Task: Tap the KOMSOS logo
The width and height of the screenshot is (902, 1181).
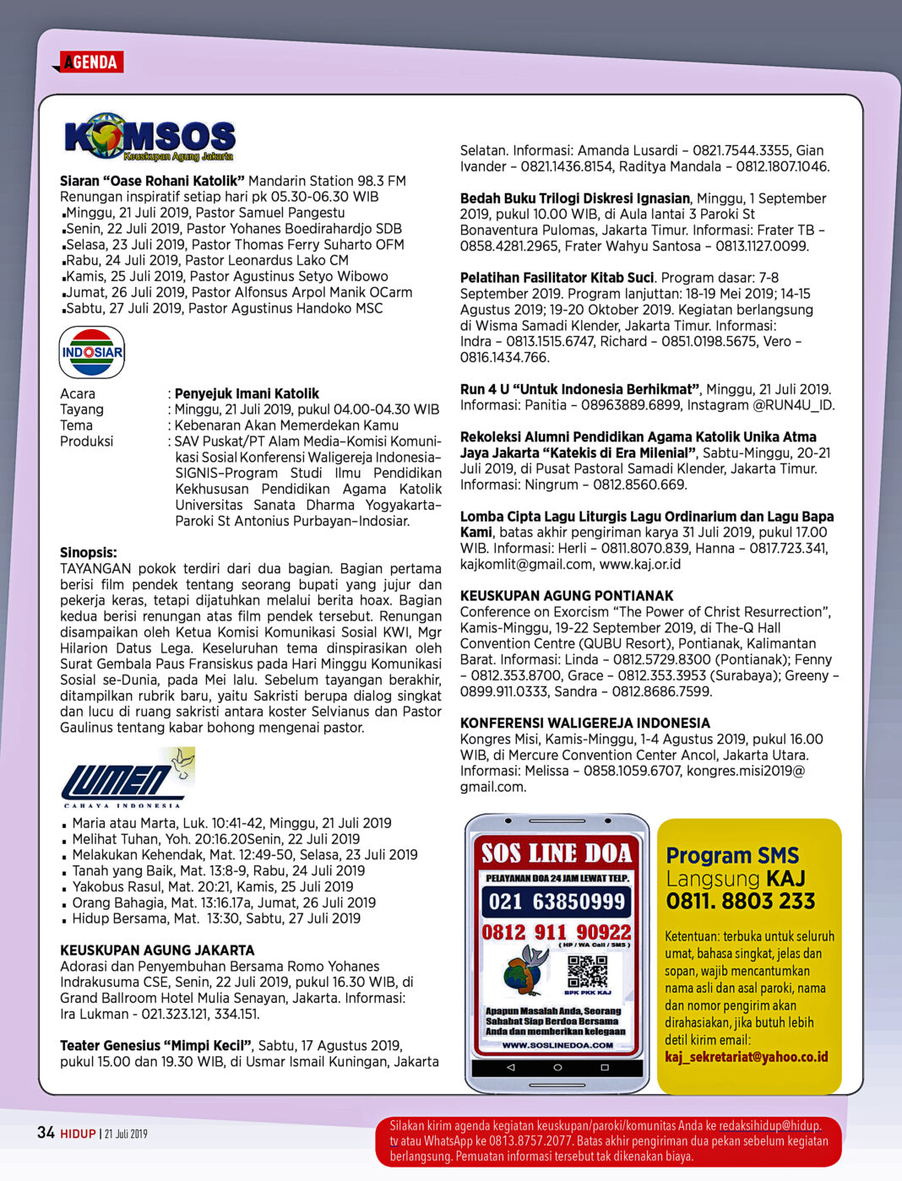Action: tap(149, 137)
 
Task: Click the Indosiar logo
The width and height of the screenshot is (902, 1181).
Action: tap(92, 352)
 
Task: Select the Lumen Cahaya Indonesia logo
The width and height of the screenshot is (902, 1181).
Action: tap(128, 777)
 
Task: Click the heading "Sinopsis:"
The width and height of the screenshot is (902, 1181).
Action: tap(89, 553)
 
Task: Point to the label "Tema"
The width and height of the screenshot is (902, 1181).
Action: tap(76, 425)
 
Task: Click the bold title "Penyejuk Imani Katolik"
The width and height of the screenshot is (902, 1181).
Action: tap(247, 393)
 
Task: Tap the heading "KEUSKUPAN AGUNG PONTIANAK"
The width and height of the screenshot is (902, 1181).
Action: tap(567, 596)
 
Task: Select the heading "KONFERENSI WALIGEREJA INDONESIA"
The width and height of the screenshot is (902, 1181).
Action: tap(584, 723)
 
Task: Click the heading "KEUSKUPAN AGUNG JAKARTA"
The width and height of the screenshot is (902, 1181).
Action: tap(157, 951)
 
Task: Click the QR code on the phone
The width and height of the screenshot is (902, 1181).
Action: tap(587, 972)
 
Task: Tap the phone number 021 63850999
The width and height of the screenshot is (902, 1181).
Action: tap(557, 902)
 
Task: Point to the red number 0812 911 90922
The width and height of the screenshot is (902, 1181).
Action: tap(557, 932)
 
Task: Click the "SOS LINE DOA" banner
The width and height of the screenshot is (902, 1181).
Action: tap(557, 853)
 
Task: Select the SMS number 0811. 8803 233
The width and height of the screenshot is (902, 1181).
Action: tap(741, 902)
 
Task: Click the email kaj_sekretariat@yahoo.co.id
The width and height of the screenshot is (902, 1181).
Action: tap(746, 1057)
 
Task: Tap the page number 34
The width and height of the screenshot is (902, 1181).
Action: tap(46, 1133)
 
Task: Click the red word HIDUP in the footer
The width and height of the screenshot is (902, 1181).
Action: tap(78, 1134)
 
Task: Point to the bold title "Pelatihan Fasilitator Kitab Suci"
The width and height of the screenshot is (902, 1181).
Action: tap(557, 278)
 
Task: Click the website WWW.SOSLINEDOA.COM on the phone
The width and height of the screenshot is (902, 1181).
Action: tap(557, 1045)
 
